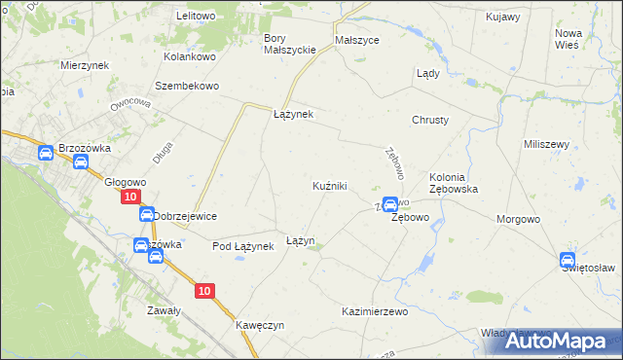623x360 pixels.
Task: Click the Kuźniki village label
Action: tap(330, 185)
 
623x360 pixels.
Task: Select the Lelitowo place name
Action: tap(195, 17)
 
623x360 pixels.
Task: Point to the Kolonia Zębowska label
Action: tap(453, 183)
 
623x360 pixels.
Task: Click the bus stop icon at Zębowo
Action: tap(390, 204)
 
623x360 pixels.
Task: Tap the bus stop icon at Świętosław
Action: tap(568, 260)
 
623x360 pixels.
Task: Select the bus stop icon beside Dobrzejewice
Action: tap(146, 215)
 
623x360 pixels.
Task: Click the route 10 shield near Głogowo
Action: tap(130, 197)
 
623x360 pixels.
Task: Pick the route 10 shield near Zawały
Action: tap(203, 291)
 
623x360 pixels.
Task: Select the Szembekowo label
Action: tap(188, 85)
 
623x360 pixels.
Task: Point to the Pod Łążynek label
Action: tap(243, 247)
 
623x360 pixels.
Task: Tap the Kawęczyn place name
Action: tap(259, 325)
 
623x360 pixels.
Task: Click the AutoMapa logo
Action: tap(558, 342)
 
